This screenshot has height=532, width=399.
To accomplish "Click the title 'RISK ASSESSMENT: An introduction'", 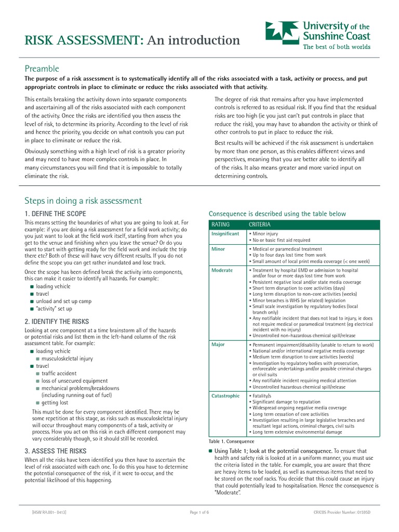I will click(132, 40).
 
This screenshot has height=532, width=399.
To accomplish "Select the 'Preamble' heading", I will click(42, 69).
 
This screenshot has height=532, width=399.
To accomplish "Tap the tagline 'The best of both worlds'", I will click(337, 46).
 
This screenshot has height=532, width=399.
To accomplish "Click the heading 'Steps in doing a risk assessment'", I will click(83, 201).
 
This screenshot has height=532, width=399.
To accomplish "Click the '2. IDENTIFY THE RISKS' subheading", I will click(57, 322).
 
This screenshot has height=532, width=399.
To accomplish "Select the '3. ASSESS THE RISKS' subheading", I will click(56, 451).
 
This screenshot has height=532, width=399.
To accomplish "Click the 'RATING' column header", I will click(220, 224).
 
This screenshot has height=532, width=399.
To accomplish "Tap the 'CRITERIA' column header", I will click(260, 224).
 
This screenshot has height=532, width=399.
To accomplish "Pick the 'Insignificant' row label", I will click(225, 234).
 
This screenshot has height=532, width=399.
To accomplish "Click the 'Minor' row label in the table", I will click(218, 249).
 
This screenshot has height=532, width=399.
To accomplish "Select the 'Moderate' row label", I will click(222, 271).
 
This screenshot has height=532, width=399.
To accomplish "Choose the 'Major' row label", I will click(218, 344).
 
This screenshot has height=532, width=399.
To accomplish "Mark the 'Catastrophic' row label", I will click(225, 396).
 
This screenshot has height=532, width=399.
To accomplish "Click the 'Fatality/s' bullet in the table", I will click(264, 396).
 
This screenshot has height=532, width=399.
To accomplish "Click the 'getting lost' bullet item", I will click(55, 403).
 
